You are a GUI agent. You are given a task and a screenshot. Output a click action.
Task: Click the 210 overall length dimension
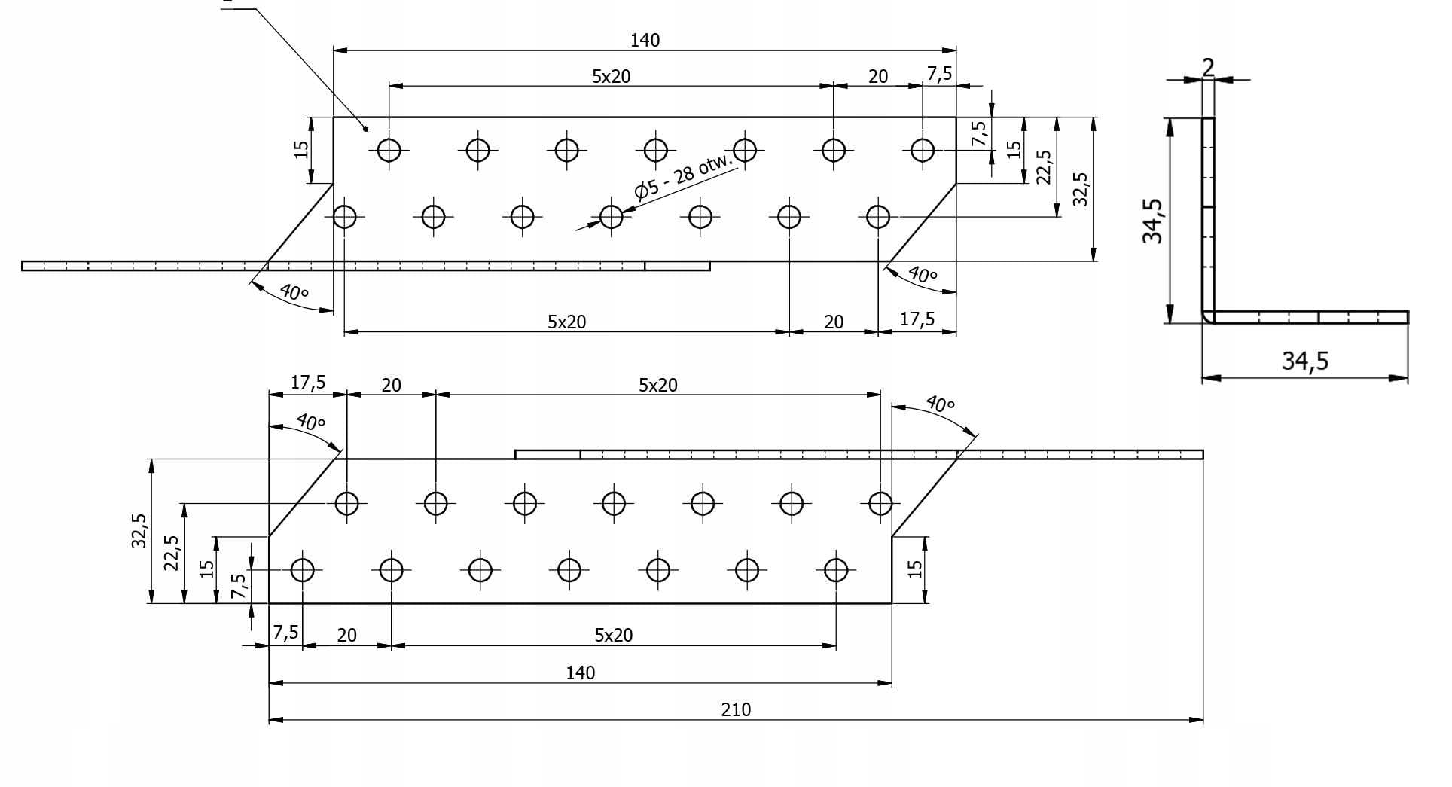point(736,709)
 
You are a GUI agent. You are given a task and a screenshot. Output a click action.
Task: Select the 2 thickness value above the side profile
point(1208,68)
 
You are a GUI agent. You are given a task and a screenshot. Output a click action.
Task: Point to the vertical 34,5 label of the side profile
point(1152,221)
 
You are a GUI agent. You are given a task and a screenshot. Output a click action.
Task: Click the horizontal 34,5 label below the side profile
point(1305,361)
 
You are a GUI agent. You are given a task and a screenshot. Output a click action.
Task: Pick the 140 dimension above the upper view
point(645,40)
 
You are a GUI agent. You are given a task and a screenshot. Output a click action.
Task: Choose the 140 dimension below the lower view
point(581,673)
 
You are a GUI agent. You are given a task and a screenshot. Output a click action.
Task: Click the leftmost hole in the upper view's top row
point(389,150)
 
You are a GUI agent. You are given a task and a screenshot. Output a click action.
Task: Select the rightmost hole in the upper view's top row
point(923,150)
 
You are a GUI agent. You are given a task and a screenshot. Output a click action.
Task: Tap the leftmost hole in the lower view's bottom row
point(303,570)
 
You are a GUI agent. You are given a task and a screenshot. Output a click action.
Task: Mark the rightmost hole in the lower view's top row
point(880,502)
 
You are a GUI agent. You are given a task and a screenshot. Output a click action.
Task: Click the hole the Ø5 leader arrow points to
point(612,217)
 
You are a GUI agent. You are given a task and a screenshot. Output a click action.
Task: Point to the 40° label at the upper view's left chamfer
point(294,291)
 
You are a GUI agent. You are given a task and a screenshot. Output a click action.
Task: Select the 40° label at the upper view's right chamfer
point(922,274)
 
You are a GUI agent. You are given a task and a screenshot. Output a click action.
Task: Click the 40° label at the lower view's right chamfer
point(939,404)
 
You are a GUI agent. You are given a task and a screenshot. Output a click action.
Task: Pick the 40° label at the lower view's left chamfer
point(310,421)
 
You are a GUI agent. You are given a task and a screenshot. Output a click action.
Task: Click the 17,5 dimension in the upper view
point(917,319)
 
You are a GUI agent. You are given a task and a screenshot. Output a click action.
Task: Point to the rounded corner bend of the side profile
point(1208,317)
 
